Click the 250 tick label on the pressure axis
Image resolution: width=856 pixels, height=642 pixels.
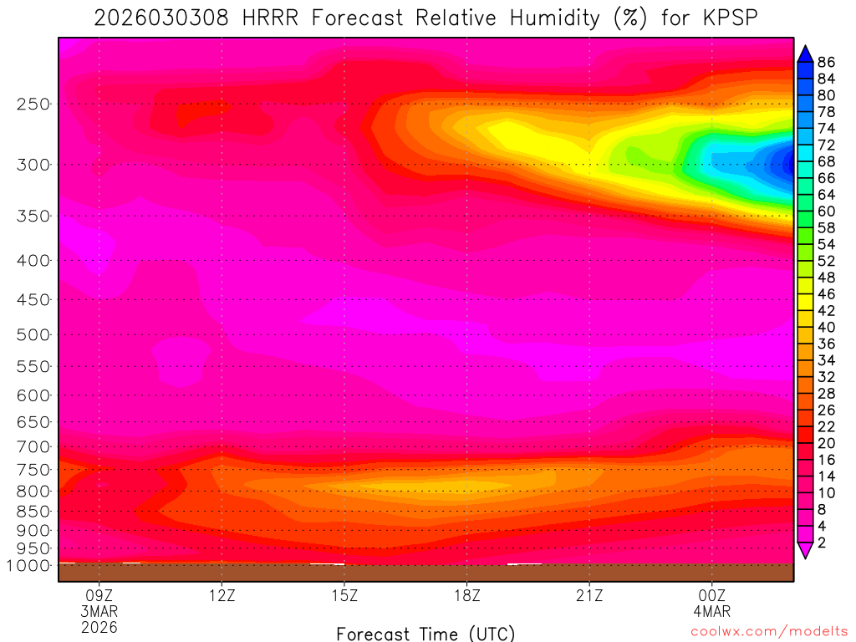(x=32, y=104)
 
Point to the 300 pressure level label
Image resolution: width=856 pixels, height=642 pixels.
(x=32, y=165)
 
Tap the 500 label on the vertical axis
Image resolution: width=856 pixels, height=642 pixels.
(x=32, y=335)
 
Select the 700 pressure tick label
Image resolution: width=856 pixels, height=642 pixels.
(x=32, y=446)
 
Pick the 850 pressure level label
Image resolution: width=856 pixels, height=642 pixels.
(x=32, y=510)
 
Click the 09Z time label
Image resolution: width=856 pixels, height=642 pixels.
(x=99, y=597)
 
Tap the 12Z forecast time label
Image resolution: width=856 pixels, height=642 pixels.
(x=222, y=597)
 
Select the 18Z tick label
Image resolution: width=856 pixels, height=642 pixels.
(x=466, y=597)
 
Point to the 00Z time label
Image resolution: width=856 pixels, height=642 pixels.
(x=711, y=597)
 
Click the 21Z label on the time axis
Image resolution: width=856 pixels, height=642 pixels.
(x=589, y=597)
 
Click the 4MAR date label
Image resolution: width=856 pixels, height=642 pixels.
(x=711, y=612)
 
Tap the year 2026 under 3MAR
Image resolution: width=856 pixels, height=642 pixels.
(x=99, y=627)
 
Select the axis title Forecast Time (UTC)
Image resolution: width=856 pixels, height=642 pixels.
(x=425, y=633)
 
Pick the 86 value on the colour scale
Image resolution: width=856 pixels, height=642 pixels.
(x=827, y=61)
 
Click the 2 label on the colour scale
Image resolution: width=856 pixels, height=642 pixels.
(x=822, y=543)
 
